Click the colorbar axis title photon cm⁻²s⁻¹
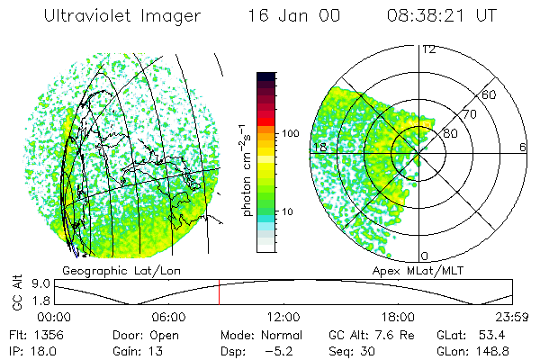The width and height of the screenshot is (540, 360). [246, 169]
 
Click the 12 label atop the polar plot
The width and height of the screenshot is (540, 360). [428, 49]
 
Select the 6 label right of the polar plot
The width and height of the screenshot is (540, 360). [522, 147]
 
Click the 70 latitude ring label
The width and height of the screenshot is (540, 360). [469, 114]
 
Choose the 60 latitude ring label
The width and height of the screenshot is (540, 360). [489, 94]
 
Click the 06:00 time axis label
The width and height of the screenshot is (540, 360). [168, 317]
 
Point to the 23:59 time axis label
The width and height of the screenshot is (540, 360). [510, 317]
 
